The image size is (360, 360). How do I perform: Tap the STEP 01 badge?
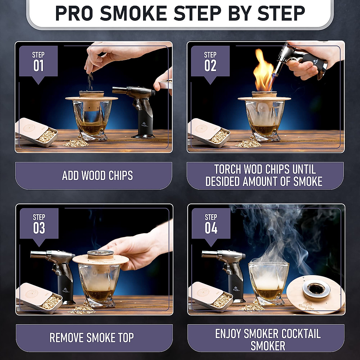click(x=38, y=62)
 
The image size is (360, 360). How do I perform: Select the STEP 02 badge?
click(x=210, y=62)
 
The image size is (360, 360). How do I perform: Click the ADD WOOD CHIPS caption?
click(x=97, y=175)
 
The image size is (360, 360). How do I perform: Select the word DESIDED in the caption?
click(x=222, y=181)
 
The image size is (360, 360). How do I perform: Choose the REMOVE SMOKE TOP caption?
click(x=91, y=338)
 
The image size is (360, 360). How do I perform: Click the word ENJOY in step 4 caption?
click(x=228, y=334)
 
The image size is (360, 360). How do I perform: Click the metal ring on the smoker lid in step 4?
click(x=316, y=289)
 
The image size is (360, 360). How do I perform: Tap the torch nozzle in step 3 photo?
click(x=39, y=255)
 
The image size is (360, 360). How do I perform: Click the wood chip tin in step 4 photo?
click(x=210, y=295)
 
